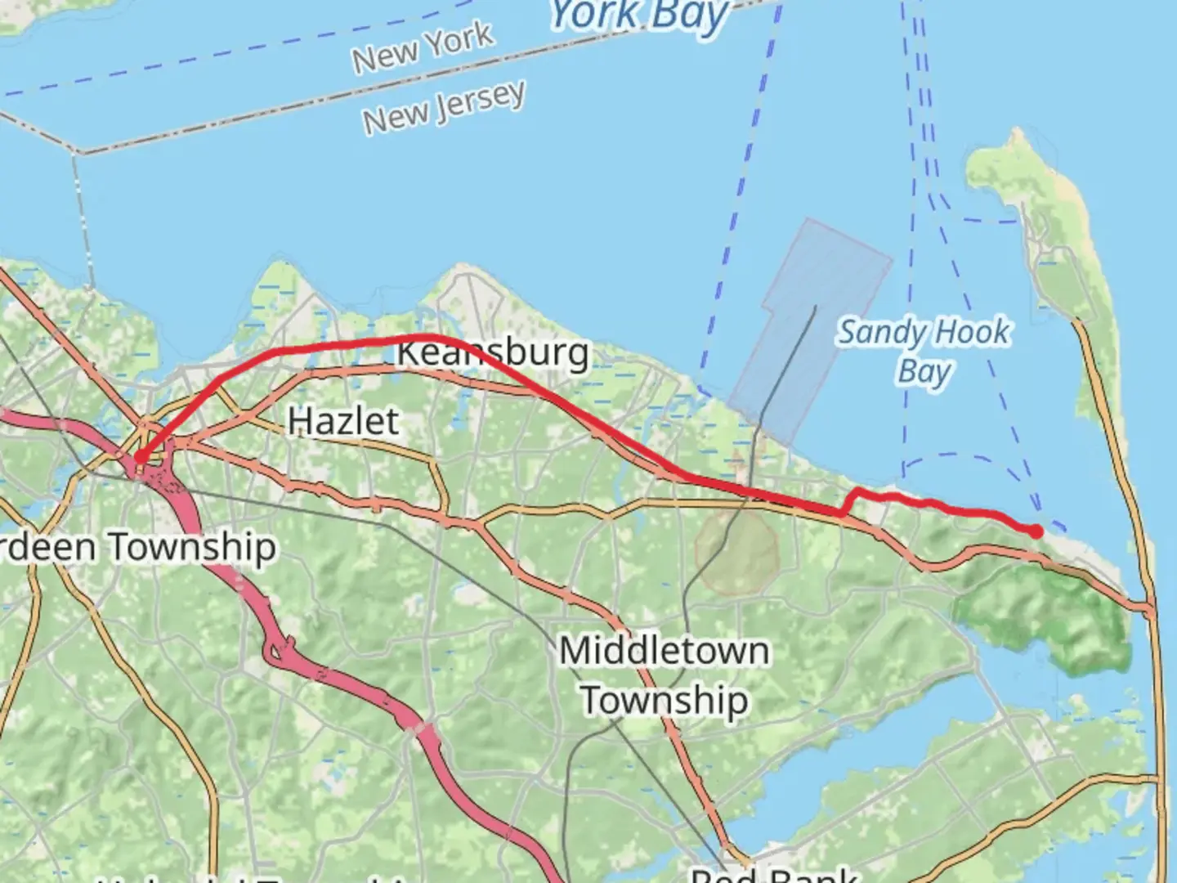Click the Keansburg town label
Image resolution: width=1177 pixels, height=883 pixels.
tap(492, 353)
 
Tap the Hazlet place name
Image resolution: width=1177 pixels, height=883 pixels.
tap(343, 421)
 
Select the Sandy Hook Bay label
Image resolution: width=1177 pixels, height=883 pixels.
tap(924, 352)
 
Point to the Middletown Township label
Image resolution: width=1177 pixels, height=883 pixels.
tap(664, 675)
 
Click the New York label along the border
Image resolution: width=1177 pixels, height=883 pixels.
tap(423, 47)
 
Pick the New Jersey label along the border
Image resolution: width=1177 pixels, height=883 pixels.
tap(444, 107)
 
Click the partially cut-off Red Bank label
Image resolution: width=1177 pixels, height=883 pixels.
tap(772, 873)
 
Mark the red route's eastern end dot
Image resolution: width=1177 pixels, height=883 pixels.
tap(1036, 531)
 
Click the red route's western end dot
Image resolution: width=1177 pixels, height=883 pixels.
tap(140, 458)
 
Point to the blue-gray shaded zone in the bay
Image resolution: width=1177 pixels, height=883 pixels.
tap(809, 327)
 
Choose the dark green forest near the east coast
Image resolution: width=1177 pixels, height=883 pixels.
tap(1046, 609)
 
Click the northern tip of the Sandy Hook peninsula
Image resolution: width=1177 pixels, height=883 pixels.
tap(993, 151)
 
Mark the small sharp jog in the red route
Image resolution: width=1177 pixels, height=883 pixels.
tap(848, 502)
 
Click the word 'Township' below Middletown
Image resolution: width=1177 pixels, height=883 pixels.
tap(664, 701)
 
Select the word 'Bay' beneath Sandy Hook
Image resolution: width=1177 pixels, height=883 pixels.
tap(924, 372)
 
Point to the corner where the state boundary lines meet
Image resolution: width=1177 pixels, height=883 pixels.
tap(79, 152)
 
